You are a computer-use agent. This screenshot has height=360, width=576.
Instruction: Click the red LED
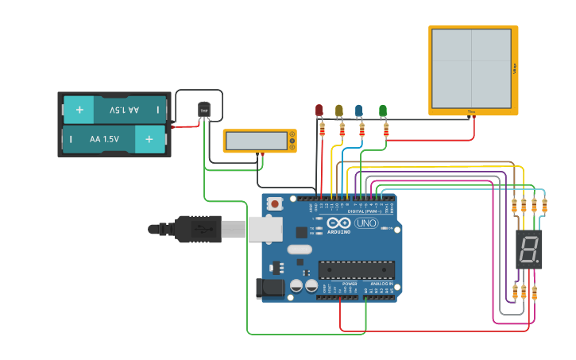[x=319, y=110]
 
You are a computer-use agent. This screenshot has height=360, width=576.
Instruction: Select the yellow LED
[x=339, y=110]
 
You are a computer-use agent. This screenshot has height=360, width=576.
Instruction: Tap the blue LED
[x=359, y=110]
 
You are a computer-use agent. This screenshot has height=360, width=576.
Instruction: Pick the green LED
[x=383, y=110]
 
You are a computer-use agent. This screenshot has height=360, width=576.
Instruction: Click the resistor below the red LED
[x=322, y=129]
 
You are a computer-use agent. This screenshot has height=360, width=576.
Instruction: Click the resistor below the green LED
[x=385, y=129]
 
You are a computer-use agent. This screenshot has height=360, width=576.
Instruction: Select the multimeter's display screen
[x=256, y=141]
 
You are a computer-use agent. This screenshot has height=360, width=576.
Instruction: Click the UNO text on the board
[x=365, y=224]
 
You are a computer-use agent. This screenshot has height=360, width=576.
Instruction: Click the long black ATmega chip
[x=356, y=269]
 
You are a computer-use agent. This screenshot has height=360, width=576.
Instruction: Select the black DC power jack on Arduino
[x=270, y=288]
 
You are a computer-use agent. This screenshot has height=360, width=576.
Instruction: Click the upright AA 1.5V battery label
[x=104, y=139]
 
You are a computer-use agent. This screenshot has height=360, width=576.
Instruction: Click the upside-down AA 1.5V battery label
[x=124, y=110]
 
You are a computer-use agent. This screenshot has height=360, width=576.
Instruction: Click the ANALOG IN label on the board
[x=379, y=283]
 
